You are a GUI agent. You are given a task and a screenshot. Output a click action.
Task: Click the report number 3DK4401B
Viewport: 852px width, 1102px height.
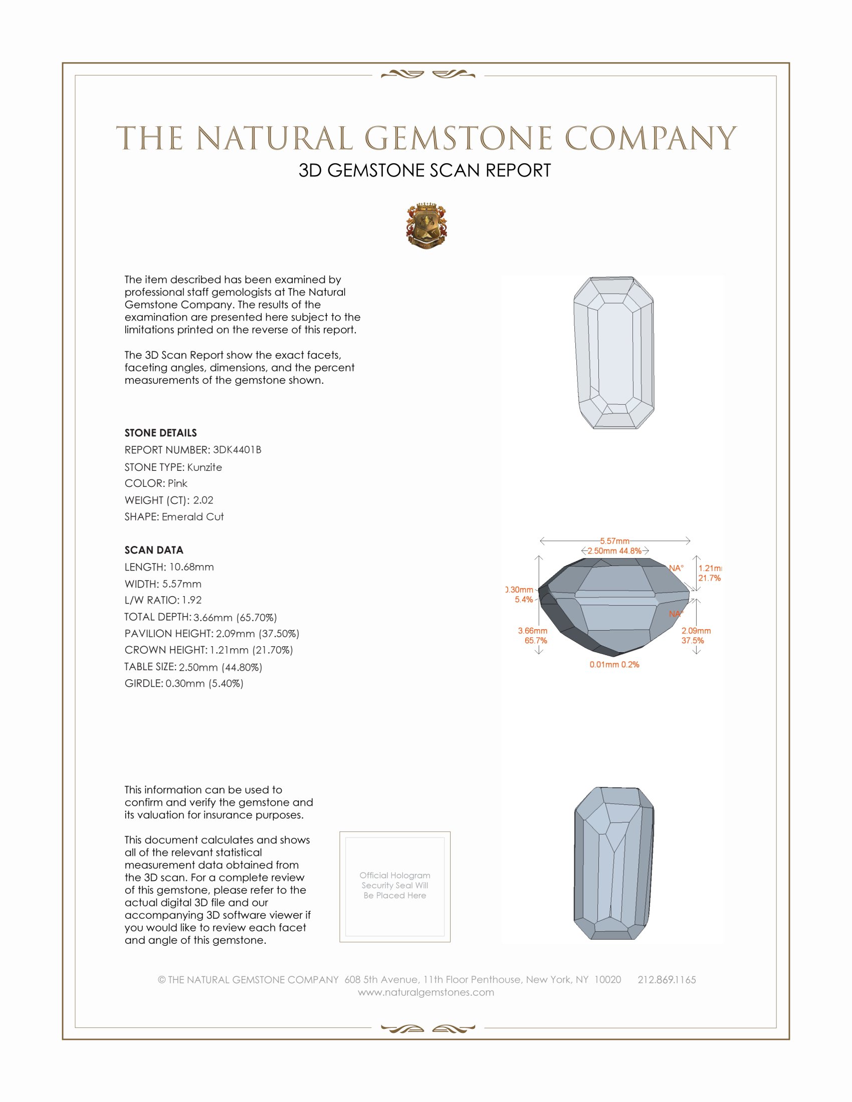point(237,450)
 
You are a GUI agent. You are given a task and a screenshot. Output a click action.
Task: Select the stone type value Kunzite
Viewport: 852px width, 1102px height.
point(204,467)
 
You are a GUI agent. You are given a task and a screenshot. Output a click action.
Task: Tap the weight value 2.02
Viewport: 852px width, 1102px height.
point(203,500)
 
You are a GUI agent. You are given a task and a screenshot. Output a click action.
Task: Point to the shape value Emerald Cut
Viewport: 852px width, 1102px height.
point(192,517)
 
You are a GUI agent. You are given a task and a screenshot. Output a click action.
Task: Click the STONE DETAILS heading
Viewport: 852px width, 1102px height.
point(160,433)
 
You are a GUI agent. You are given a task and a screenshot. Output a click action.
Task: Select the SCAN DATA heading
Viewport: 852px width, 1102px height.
point(153,550)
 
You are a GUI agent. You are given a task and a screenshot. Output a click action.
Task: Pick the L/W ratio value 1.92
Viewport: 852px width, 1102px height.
point(191,600)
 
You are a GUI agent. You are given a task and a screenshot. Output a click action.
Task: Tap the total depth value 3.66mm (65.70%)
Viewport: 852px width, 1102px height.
point(235,617)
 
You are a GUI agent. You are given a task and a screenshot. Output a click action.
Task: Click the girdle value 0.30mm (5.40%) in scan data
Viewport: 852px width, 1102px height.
point(204,683)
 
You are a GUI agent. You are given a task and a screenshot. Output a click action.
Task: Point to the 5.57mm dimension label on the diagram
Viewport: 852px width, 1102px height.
point(614,541)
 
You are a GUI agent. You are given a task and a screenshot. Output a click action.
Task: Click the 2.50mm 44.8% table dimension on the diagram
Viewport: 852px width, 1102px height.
point(614,550)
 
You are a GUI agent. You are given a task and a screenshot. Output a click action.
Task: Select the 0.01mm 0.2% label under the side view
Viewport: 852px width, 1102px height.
point(614,665)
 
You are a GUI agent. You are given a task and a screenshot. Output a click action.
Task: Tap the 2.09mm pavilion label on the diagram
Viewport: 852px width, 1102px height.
point(696,631)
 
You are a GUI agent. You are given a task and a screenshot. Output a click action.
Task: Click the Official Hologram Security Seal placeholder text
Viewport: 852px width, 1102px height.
point(395,885)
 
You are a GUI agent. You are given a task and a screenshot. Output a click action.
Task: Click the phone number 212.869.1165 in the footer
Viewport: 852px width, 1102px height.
point(666,979)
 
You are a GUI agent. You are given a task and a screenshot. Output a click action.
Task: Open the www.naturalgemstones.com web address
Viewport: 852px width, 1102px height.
point(426,992)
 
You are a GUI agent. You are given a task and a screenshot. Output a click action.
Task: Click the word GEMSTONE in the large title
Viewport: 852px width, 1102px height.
point(458,138)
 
